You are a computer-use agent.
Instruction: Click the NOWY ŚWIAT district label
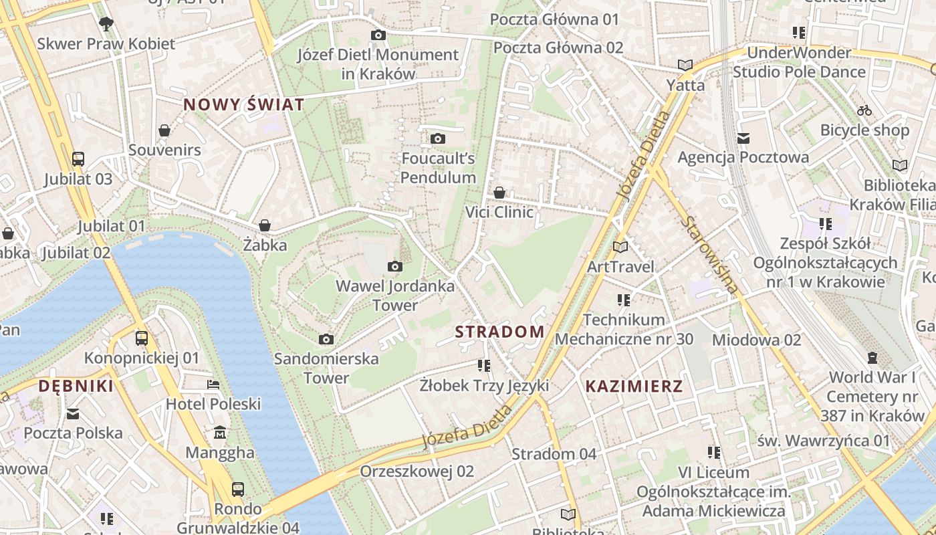[x=244, y=104]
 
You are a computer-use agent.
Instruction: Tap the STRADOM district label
[x=499, y=332]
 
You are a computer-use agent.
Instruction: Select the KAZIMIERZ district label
[x=634, y=386]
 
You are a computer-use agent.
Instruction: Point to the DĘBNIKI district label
[x=76, y=386]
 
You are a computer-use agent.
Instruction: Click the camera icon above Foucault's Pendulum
[x=438, y=138]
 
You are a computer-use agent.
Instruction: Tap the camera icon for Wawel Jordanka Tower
[x=395, y=267]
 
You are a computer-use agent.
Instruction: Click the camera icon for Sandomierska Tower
[x=326, y=339]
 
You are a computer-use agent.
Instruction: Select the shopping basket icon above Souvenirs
[x=164, y=130]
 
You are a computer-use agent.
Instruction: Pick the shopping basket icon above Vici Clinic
[x=499, y=193]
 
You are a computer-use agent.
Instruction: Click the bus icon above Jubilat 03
[x=78, y=159]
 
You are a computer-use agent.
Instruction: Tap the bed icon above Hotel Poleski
[x=213, y=385]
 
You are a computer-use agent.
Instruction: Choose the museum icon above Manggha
[x=220, y=433]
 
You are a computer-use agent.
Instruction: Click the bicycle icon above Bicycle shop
[x=864, y=110]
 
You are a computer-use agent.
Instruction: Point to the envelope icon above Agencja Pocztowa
[x=743, y=138]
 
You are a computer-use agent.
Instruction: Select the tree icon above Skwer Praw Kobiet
[x=106, y=24]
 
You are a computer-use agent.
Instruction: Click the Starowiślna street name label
[x=711, y=255]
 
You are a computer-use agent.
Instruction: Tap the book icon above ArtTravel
[x=620, y=247]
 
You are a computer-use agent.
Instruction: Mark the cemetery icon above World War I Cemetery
[x=872, y=358]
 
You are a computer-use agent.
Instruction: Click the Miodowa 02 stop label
[x=756, y=340]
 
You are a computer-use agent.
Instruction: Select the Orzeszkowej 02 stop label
[x=417, y=471]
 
